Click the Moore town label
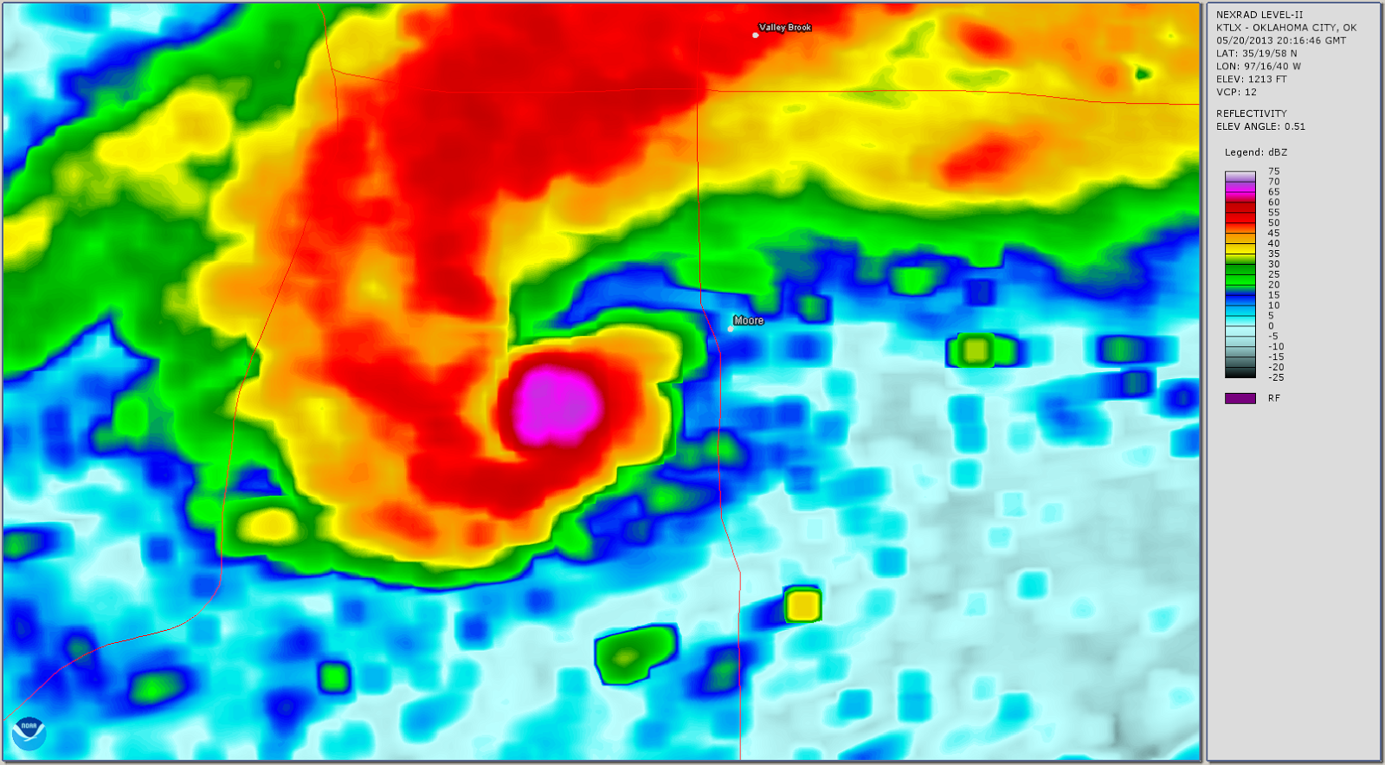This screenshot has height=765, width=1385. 749,320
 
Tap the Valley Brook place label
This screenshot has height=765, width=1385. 785,28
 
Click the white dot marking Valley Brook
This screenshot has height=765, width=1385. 756,35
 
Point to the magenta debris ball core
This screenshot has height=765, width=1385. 557,404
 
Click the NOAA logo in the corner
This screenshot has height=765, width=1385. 29,735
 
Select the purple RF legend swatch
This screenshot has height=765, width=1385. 1240,398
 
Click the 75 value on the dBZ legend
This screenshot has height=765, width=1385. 1273,171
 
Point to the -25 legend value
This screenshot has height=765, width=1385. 1276,377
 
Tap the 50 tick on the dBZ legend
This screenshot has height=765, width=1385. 1273,222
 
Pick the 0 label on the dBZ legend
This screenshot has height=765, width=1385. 1271,326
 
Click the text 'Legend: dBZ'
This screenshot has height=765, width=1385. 1255,152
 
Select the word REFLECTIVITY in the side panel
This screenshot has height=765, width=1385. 1251,113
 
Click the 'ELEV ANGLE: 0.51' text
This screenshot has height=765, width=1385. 1260,126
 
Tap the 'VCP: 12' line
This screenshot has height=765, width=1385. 1236,92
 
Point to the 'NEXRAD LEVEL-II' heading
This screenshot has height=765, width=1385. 1259,15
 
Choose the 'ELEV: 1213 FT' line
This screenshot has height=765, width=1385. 1251,79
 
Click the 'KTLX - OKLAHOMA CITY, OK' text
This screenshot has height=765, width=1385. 1285,28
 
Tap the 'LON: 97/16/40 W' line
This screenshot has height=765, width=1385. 1258,66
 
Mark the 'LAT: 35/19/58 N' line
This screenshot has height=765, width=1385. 1256,53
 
